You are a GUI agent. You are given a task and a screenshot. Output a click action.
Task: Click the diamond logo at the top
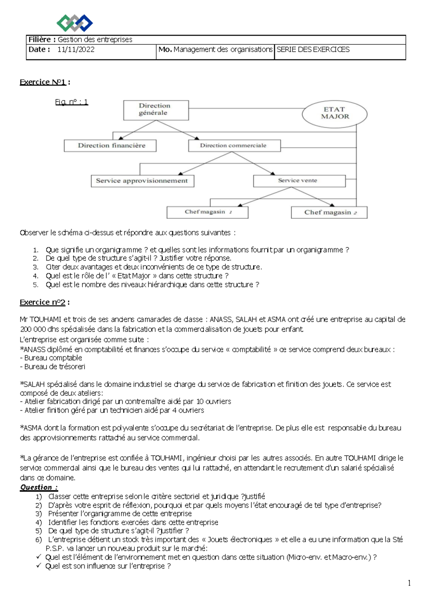(x=75, y=23)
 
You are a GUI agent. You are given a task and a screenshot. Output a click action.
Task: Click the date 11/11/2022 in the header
(x=76, y=50)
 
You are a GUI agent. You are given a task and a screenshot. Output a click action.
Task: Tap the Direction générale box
(x=156, y=110)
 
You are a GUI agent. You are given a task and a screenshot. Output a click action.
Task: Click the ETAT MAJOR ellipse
(x=335, y=113)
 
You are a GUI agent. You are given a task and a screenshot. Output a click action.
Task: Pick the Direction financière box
(x=110, y=146)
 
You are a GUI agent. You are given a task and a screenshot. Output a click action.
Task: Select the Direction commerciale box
(x=234, y=146)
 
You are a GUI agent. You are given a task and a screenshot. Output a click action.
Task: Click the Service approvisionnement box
(x=142, y=181)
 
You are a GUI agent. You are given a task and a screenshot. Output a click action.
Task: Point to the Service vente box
(x=299, y=181)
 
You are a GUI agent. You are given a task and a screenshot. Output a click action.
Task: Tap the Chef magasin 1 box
(x=207, y=212)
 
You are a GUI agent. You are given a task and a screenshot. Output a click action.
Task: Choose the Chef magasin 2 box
(x=329, y=213)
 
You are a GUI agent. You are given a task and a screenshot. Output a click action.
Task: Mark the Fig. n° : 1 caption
(x=71, y=102)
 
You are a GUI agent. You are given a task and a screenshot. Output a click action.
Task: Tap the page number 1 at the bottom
(x=409, y=583)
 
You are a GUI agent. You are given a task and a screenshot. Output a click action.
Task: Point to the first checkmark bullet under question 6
(x=39, y=557)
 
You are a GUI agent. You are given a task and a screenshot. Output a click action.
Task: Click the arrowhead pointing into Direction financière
(x=121, y=138)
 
